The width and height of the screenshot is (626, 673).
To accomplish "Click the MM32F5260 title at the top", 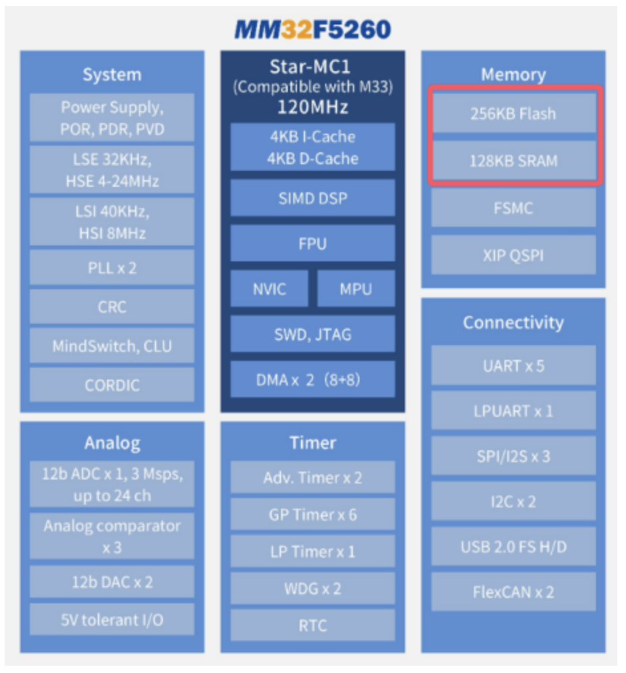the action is (x=312, y=29).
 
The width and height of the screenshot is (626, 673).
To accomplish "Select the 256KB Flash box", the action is (x=513, y=113).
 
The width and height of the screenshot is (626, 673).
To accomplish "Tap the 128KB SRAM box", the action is (x=513, y=160).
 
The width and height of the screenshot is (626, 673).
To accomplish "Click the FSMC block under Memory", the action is (x=513, y=207).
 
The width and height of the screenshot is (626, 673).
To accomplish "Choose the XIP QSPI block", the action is (x=513, y=255).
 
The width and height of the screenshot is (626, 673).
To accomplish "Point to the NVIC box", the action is (x=269, y=289).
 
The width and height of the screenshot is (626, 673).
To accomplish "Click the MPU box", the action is (x=356, y=289).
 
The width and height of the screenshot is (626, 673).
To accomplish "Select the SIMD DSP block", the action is (x=312, y=198).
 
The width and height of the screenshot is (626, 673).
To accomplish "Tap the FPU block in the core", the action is (x=312, y=243).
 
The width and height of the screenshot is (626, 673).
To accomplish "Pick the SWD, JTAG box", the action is (x=312, y=334).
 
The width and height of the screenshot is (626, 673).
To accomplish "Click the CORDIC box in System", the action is (x=112, y=385).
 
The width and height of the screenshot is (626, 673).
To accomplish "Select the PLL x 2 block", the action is (x=112, y=267).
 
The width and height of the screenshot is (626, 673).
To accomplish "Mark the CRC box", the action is (x=112, y=307).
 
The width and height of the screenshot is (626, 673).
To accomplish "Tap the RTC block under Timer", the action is (x=312, y=625).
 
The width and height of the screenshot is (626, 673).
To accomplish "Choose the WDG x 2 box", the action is (x=312, y=589).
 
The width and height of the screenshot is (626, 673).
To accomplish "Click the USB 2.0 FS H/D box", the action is (x=513, y=547).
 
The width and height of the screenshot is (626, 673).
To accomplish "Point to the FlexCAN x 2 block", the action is (x=513, y=592).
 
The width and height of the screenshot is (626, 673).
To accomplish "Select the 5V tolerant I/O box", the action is (x=112, y=620).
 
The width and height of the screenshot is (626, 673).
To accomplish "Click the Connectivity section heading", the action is (x=513, y=323).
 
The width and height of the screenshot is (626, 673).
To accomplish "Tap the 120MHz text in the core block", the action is (x=312, y=106).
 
